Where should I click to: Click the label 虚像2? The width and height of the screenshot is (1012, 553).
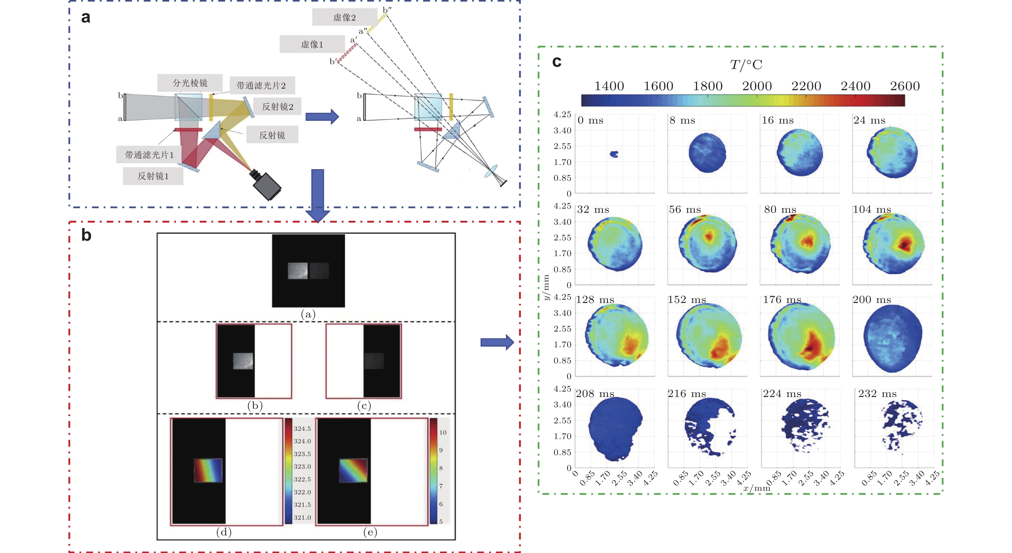point(344,17)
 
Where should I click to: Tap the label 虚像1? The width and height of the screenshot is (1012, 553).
point(312,44)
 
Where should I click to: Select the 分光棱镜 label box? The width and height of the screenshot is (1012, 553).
point(190,83)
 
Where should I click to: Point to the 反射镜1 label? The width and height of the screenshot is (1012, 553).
point(153,176)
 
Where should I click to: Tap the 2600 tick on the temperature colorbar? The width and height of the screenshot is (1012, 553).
point(904,86)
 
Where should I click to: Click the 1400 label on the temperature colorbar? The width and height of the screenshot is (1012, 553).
point(608,86)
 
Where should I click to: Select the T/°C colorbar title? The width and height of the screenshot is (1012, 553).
point(746,65)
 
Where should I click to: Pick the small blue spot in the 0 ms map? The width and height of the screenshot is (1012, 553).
point(614,154)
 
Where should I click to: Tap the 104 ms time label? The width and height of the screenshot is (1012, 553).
point(871,210)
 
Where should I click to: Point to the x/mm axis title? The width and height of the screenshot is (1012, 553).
point(757,488)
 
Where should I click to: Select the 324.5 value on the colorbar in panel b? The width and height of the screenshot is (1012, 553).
point(302,428)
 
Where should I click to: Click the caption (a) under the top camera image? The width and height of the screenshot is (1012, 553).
point(308,314)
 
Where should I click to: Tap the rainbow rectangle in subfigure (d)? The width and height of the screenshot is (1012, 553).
point(208,470)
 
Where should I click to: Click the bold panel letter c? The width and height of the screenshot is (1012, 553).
point(556,62)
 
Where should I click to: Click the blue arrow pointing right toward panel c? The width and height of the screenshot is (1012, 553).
point(497,342)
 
